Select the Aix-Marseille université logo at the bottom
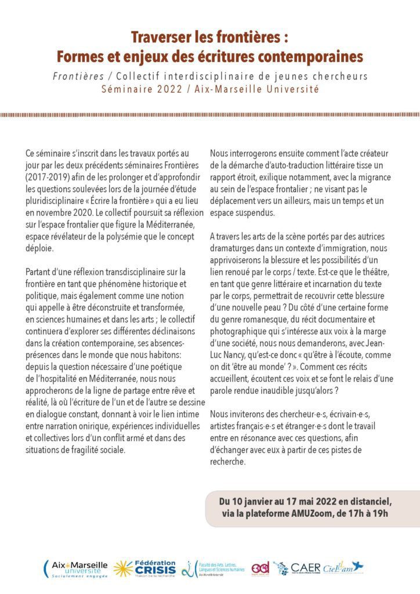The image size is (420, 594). (x=77, y=568)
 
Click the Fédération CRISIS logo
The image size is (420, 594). (x=145, y=568)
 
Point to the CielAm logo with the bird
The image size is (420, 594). (x=343, y=568)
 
